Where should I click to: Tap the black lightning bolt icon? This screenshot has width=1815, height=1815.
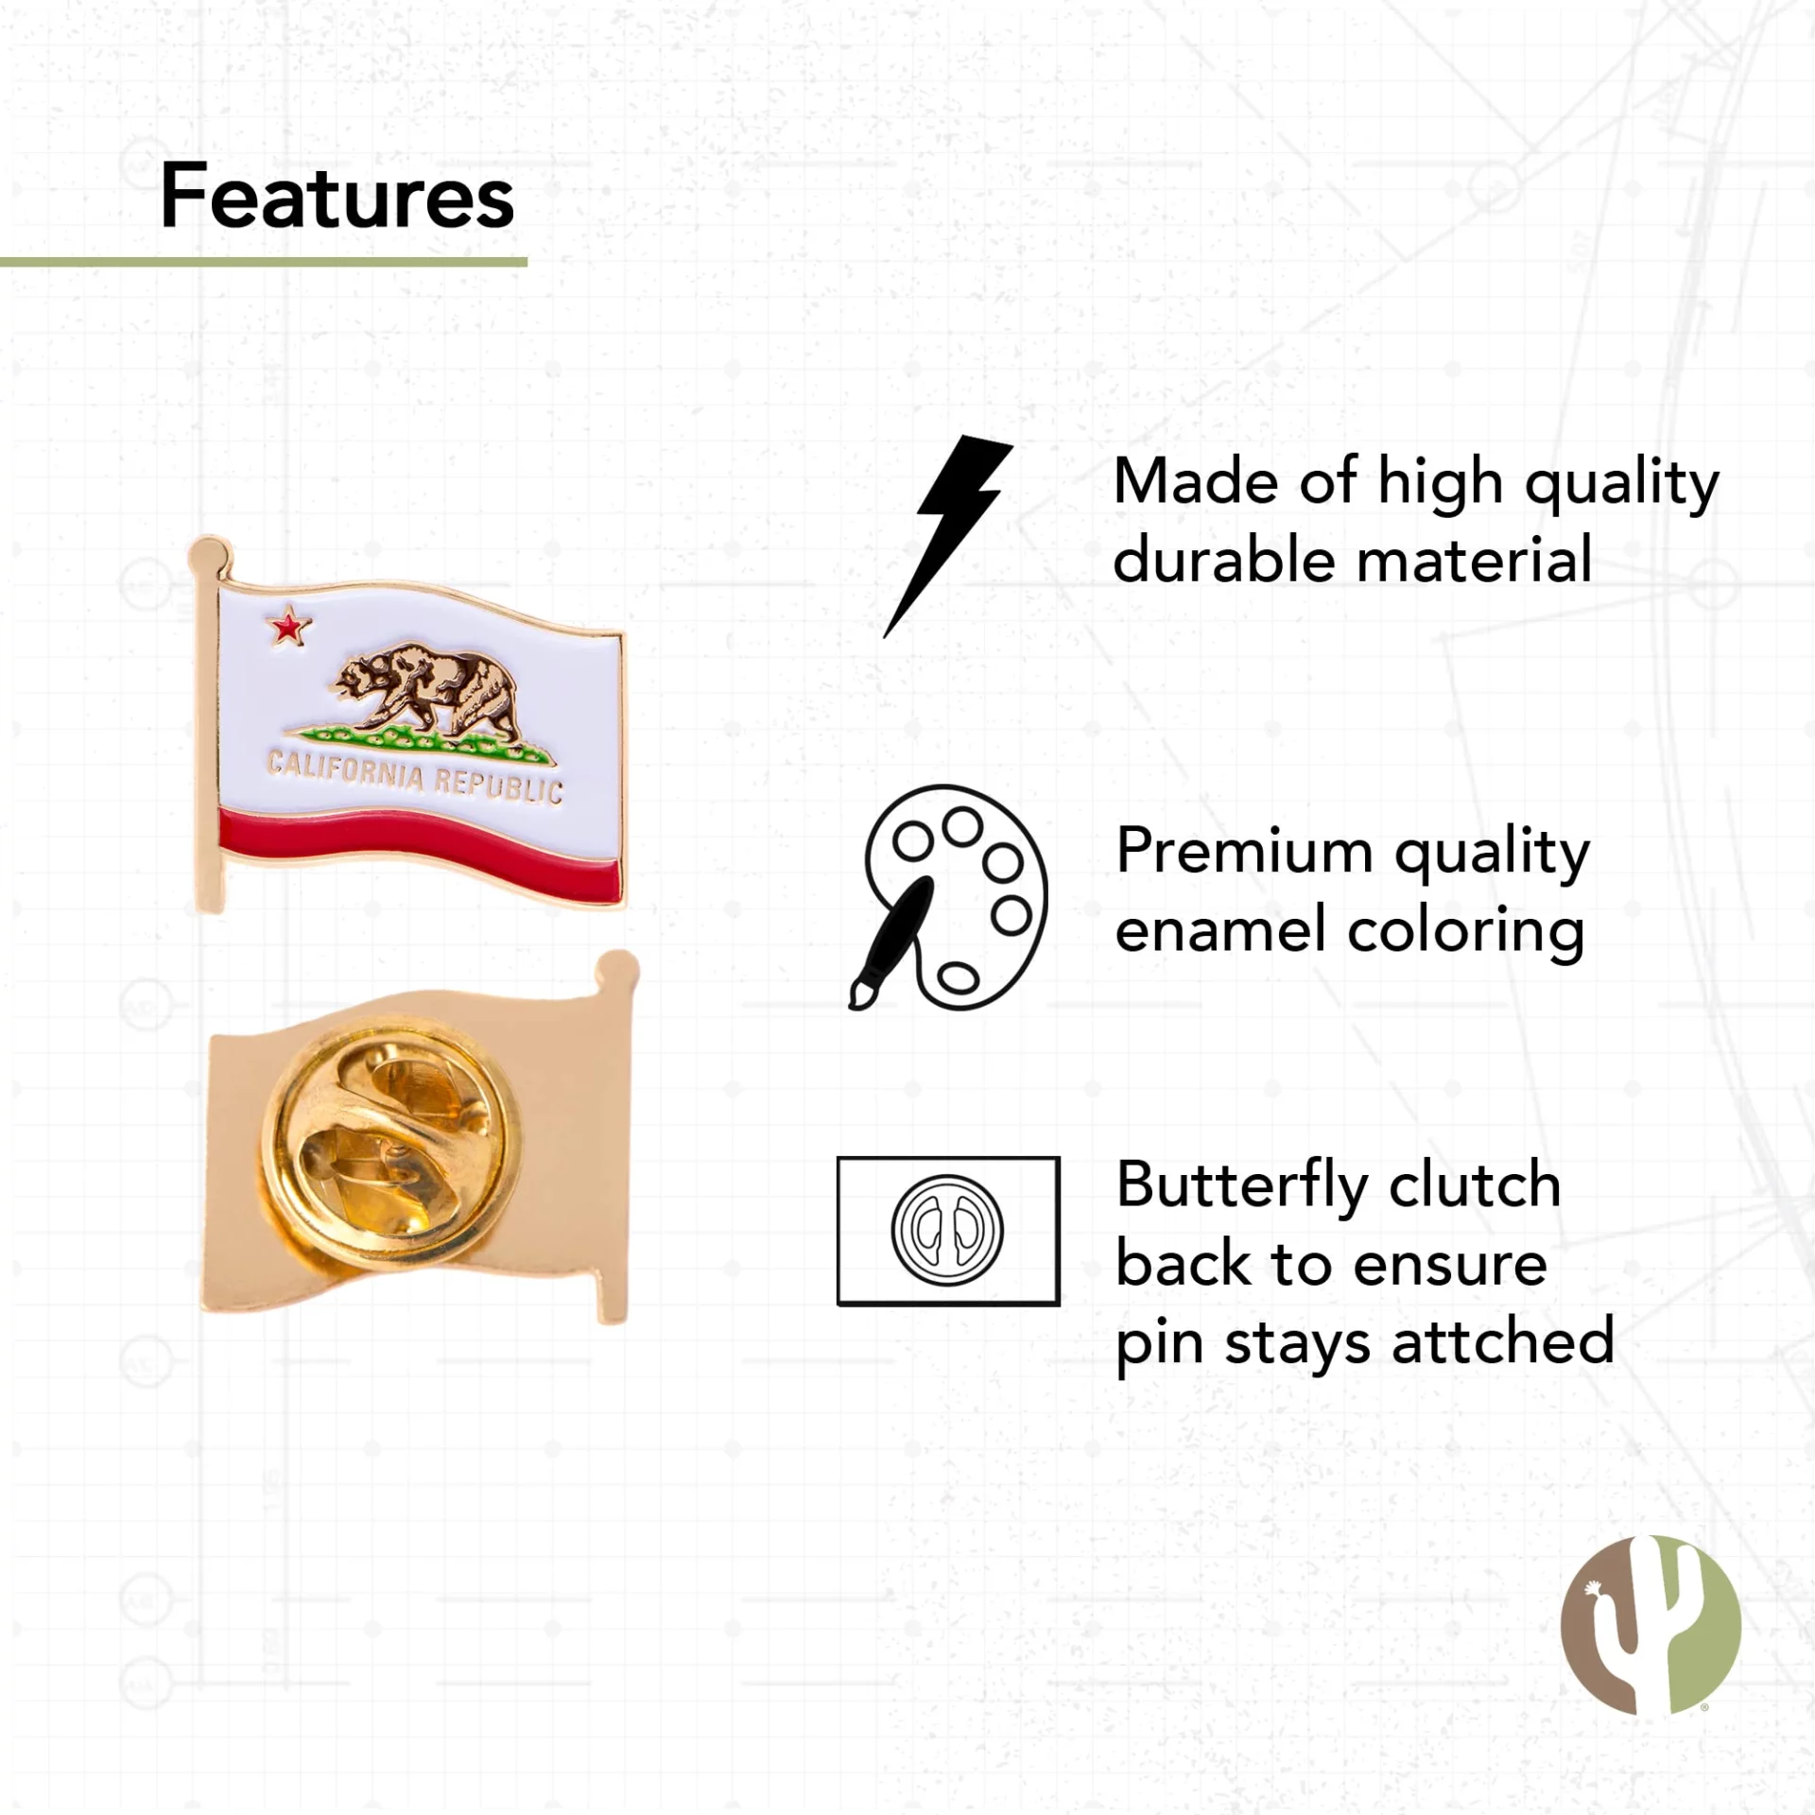pyautogui.click(x=948, y=535)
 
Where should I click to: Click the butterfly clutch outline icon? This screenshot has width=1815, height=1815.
pyautogui.click(x=948, y=1231)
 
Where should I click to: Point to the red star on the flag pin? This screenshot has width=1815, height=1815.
pyautogui.click(x=288, y=627)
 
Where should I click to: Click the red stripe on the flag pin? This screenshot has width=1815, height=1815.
pyautogui.click(x=419, y=847)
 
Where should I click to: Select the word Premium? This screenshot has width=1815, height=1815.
pyautogui.click(x=1244, y=852)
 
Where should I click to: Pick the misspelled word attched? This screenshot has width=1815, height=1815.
pyautogui.click(x=1503, y=1340)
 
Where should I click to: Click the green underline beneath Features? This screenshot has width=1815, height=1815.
pyautogui.click(x=264, y=262)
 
